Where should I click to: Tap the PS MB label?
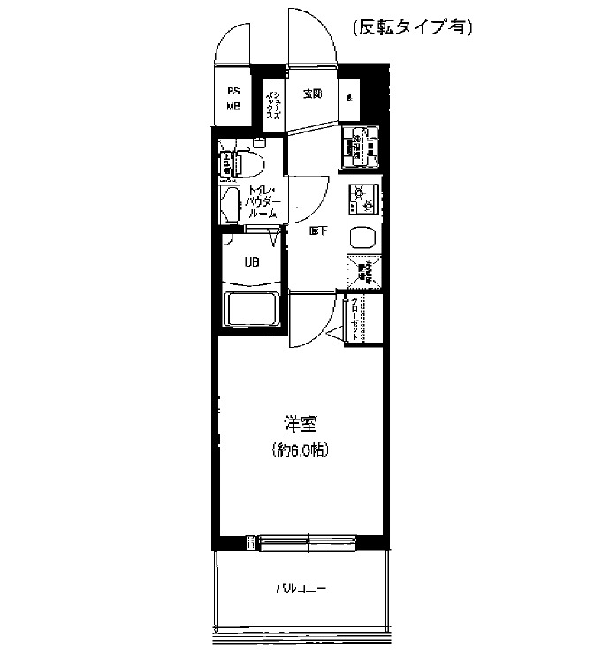coord(234,98)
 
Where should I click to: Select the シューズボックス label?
coord(274,105)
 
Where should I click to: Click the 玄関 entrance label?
coord(311,94)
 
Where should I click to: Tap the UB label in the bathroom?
coord(252,261)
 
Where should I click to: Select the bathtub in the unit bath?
coord(252,312)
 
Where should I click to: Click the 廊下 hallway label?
coord(318,232)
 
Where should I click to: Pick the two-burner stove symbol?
coord(363,200)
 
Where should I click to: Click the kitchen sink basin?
coord(363,238)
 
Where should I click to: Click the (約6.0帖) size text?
coord(301,451)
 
